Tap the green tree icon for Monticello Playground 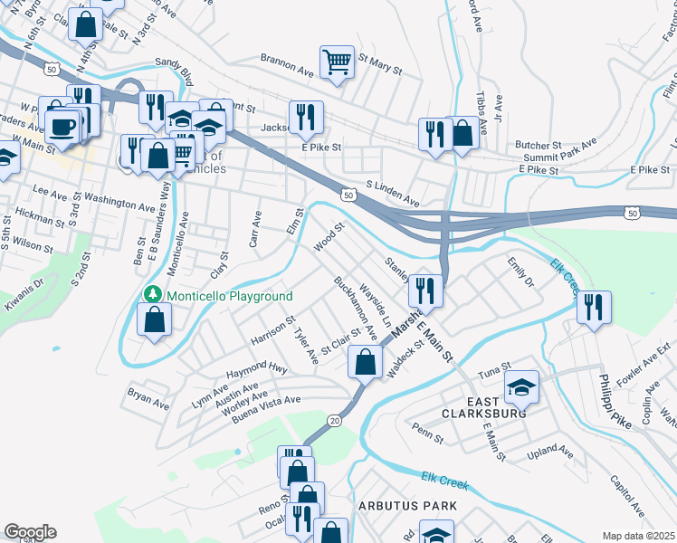click(153, 296)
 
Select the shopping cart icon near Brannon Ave click(337, 62)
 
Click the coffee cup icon click(62, 126)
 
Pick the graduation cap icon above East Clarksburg click(521, 387)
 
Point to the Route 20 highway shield click(334, 421)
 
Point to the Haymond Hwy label click(257, 369)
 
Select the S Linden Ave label click(392, 192)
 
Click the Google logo click(30, 532)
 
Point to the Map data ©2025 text click(638, 536)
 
